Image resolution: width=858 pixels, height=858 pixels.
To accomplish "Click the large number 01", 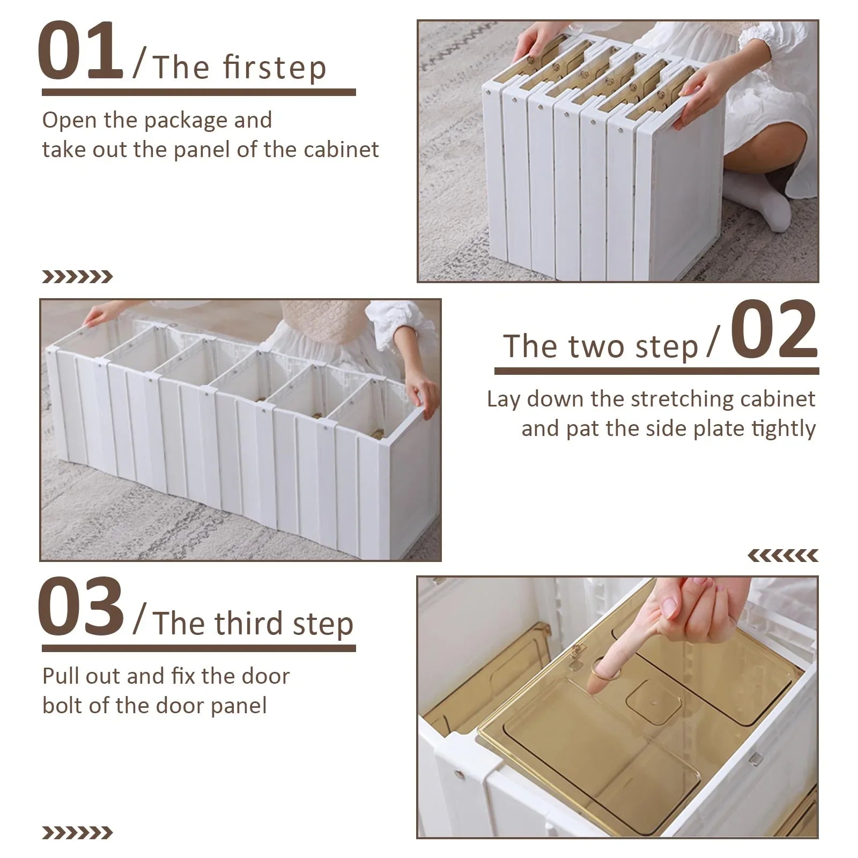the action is [80, 51].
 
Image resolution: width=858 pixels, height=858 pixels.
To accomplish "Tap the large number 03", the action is [80, 607].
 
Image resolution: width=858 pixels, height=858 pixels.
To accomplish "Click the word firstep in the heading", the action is [274, 68].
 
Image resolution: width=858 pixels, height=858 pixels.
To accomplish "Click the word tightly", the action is [783, 429].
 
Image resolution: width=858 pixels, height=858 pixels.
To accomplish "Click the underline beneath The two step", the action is [656, 371].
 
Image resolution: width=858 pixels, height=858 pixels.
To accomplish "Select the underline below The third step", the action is [198, 648].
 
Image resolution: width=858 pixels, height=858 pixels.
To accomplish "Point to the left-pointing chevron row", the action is [783, 556].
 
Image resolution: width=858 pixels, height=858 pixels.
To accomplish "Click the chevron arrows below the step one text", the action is [77, 277].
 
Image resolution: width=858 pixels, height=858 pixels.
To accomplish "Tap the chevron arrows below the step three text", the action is [77, 833].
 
